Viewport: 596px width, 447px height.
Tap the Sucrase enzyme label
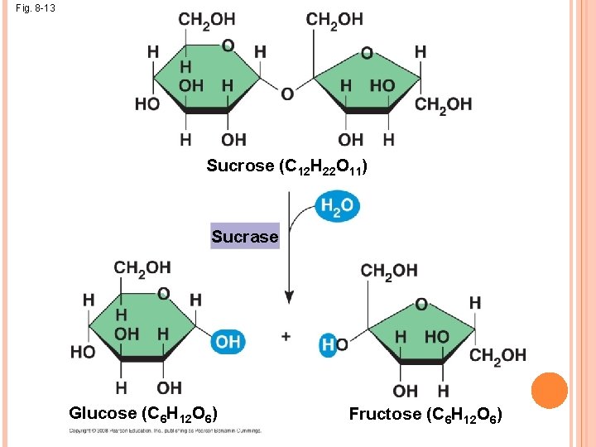pyautogui.click(x=245, y=237)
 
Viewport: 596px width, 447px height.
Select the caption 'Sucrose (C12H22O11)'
pyautogui.click(x=286, y=166)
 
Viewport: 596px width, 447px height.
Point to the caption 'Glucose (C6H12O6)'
pyautogui.click(x=144, y=413)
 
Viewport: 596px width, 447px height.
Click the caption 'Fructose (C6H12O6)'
pyautogui.click(x=425, y=413)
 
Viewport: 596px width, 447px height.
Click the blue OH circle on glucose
pyautogui.click(x=227, y=341)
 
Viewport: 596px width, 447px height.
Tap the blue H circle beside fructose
pyautogui.click(x=329, y=344)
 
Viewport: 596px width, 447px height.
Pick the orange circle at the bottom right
pyautogui.click(x=549, y=391)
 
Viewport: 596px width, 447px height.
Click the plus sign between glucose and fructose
pyautogui.click(x=286, y=336)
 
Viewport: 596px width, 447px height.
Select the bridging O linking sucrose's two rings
pyautogui.click(x=287, y=94)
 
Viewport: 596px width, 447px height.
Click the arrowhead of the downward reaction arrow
pyautogui.click(x=289, y=296)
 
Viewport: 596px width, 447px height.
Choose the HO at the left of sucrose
pyautogui.click(x=148, y=103)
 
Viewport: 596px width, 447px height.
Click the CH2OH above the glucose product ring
pyautogui.click(x=142, y=267)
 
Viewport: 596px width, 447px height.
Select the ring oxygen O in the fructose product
pyautogui.click(x=421, y=305)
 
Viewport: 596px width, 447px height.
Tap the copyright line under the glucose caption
pyautogui.click(x=166, y=430)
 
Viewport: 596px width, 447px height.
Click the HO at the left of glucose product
pyautogui.click(x=83, y=352)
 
